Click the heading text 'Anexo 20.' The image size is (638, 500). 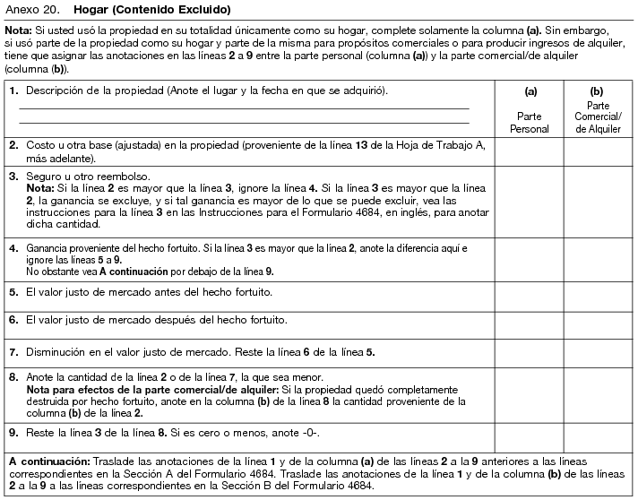(x=30, y=10)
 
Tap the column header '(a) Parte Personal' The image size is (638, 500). (x=530, y=108)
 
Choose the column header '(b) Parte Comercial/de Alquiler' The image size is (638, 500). (x=598, y=108)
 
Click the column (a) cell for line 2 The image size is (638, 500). (x=530, y=151)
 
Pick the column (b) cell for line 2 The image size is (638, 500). (x=598, y=151)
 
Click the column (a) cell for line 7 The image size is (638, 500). (x=530, y=351)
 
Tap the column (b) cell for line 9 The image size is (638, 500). (x=598, y=436)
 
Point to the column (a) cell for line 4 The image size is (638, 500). (x=530, y=258)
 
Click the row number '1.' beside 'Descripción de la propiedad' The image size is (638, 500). (x=13, y=91)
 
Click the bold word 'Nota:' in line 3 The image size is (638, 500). (x=40, y=189)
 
